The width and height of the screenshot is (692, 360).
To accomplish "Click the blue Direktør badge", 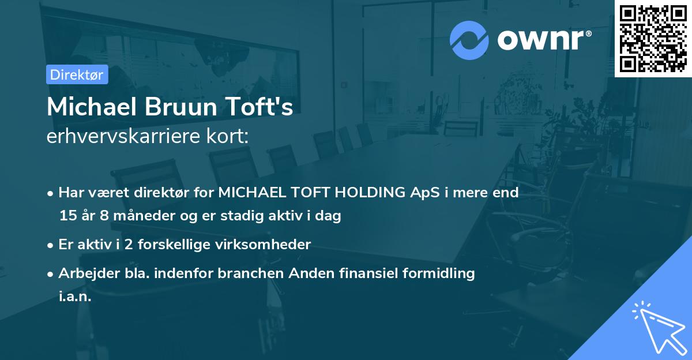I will [x=77, y=74].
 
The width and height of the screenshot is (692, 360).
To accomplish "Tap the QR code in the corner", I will [x=653, y=38].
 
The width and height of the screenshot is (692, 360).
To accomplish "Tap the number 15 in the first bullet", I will [x=67, y=216].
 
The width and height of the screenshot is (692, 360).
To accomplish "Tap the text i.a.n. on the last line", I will [x=75, y=298].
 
